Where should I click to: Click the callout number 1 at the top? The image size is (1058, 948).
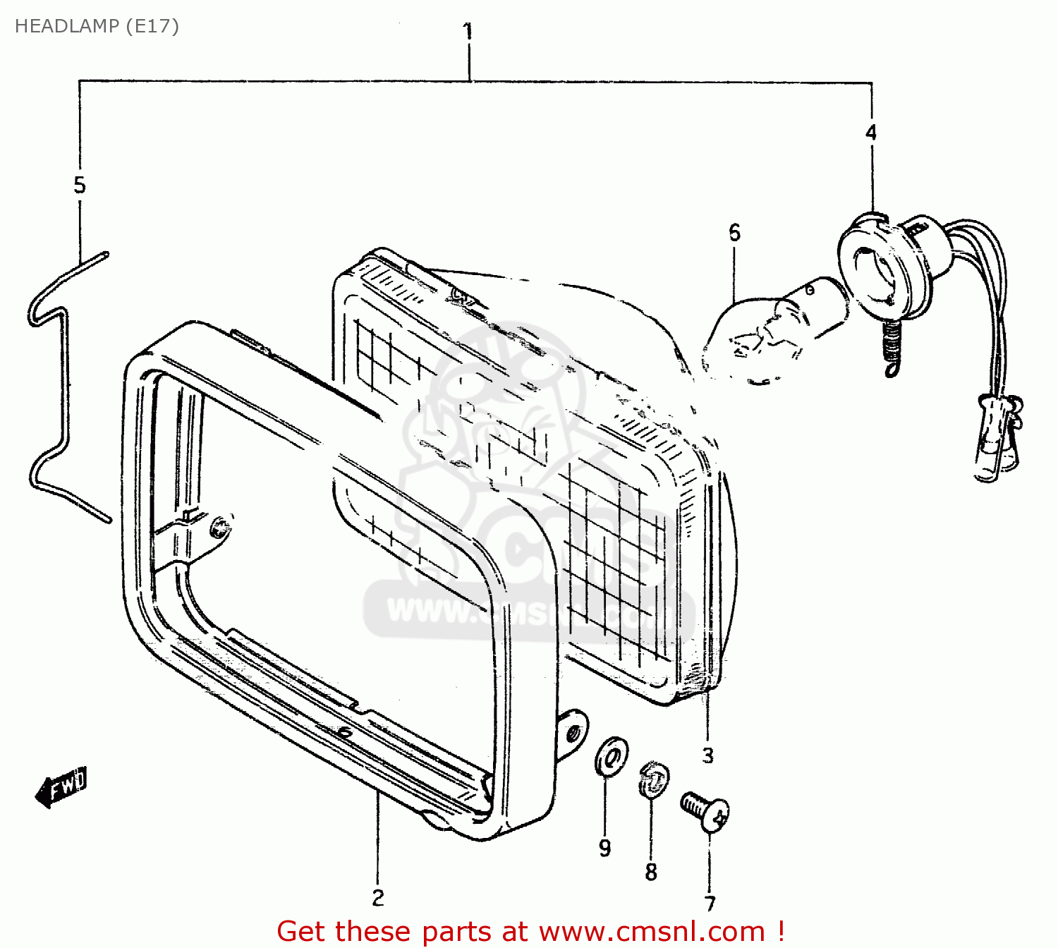click(x=467, y=32)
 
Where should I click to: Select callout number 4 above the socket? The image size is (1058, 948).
click(x=871, y=132)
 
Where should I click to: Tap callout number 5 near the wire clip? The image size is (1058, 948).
click(x=80, y=185)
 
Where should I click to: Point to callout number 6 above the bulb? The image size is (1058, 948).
click(x=734, y=232)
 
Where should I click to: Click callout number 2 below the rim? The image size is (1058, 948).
click(x=378, y=897)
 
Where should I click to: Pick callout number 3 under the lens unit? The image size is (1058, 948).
click(x=707, y=755)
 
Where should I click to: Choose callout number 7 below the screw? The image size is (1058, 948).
click(x=710, y=903)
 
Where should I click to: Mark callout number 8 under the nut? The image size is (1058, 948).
click(x=650, y=872)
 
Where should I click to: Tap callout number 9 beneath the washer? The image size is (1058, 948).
click(x=604, y=848)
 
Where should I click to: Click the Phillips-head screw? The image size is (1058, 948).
click(x=705, y=811)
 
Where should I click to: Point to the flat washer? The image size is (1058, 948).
click(x=611, y=756)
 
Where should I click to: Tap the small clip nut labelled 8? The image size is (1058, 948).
click(x=654, y=779)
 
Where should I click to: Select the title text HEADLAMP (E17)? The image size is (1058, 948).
click(x=97, y=26)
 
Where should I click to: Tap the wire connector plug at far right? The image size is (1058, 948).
click(x=996, y=441)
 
